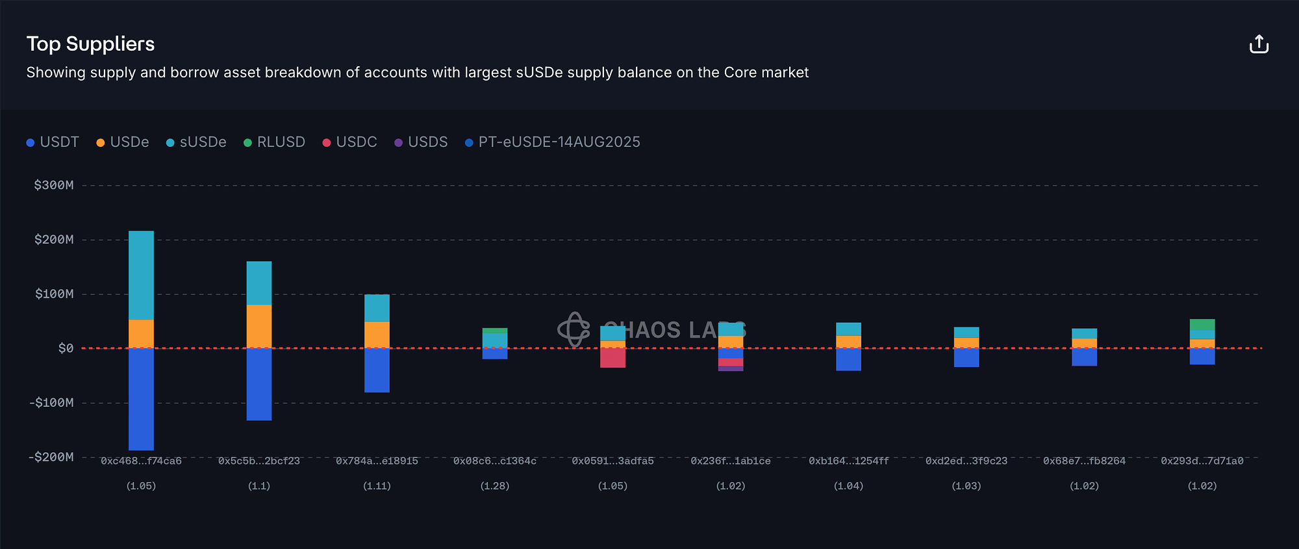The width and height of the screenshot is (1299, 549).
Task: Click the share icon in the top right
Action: pos(1259,44)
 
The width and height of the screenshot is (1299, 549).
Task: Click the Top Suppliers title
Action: pos(90,44)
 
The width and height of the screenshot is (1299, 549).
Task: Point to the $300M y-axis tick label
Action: pos(54,185)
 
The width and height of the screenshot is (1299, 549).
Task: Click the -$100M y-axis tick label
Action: pos(51,403)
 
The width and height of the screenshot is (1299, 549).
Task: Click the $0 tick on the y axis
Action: pos(66,349)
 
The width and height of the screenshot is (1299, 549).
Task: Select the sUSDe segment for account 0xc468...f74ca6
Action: pos(141,275)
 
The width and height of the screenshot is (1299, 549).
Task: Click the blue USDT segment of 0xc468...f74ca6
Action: pos(141,399)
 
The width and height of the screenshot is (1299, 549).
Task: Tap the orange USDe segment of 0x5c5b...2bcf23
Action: pos(259,326)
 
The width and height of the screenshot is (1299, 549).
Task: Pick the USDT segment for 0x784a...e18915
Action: pos(377,370)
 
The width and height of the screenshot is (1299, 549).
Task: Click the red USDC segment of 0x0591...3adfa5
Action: pos(612,358)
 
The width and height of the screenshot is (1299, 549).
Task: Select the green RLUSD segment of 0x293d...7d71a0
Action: pos(1202,325)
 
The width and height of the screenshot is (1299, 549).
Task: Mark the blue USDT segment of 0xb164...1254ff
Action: pos(848,359)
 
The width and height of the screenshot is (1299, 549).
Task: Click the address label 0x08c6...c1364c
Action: pos(495,461)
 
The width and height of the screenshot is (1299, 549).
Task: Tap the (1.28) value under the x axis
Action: pos(495,486)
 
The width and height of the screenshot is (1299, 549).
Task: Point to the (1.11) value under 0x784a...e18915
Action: pos(377,486)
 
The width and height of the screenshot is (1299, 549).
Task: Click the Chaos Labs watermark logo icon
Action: pos(574,329)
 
